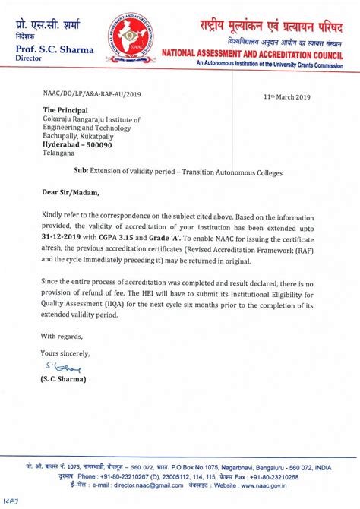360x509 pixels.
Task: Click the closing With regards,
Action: (61, 336)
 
